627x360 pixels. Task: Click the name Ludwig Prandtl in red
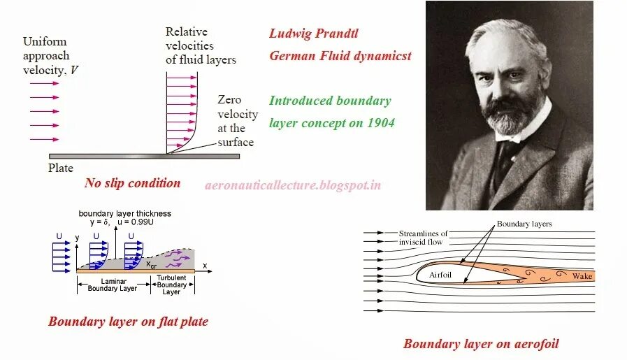click(x=314, y=34)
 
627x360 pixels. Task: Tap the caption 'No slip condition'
click(x=132, y=183)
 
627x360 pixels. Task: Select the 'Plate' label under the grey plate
click(x=61, y=168)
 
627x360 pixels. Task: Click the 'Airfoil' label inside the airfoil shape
click(x=440, y=275)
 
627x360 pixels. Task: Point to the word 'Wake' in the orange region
click(x=582, y=276)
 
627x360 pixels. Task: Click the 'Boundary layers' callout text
click(x=524, y=224)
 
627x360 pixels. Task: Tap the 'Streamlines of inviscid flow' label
click(x=423, y=237)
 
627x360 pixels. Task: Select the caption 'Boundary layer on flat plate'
click(x=128, y=322)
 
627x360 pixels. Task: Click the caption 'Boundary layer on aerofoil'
click(x=481, y=343)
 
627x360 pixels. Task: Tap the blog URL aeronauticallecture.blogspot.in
click(x=293, y=185)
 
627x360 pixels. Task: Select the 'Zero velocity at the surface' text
click(x=237, y=121)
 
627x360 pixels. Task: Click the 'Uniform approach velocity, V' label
click(x=46, y=56)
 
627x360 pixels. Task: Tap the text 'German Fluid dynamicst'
click(x=340, y=56)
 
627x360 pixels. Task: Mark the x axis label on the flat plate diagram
click(x=205, y=266)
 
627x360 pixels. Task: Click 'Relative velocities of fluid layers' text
click(x=201, y=45)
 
